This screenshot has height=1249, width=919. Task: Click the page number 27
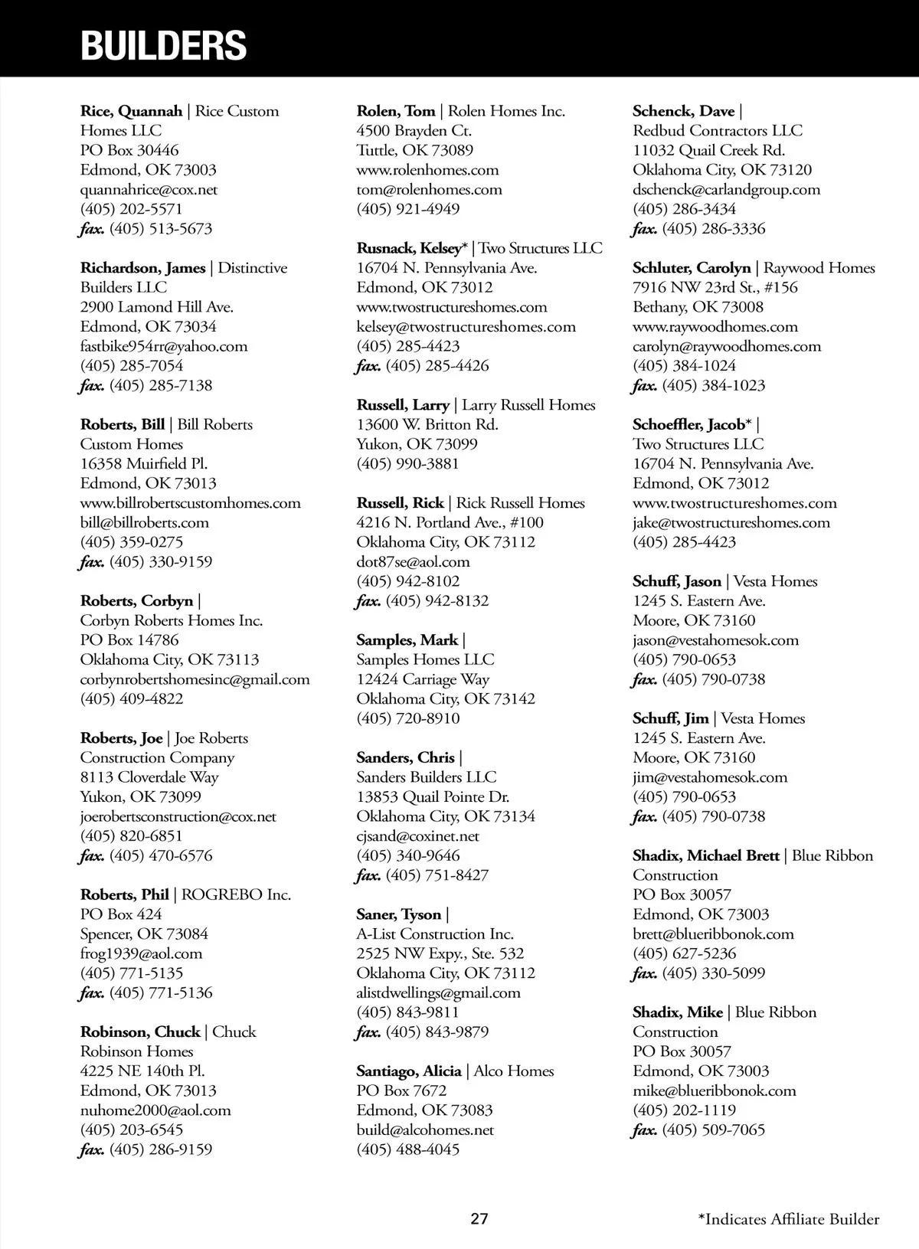pyautogui.click(x=479, y=1219)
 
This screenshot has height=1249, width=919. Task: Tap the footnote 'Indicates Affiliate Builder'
pyautogui.click(x=788, y=1219)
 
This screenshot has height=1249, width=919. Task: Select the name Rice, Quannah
pyautogui.click(x=131, y=111)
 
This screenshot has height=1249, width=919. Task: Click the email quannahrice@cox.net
pyautogui.click(x=149, y=189)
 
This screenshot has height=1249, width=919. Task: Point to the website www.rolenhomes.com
pyautogui.click(x=427, y=170)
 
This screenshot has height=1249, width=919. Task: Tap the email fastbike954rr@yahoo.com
pyautogui.click(x=164, y=346)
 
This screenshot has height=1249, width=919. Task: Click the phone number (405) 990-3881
pyautogui.click(x=407, y=463)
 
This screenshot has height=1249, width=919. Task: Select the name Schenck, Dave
pyautogui.click(x=683, y=111)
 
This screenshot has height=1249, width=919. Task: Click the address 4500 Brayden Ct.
pyautogui.click(x=414, y=131)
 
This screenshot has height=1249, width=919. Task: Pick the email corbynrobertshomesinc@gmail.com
pyautogui.click(x=195, y=679)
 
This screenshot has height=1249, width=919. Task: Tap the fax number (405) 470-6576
pyautogui.click(x=161, y=855)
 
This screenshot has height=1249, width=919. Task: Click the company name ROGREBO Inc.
pyautogui.click(x=236, y=894)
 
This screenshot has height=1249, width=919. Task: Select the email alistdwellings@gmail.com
pyautogui.click(x=438, y=992)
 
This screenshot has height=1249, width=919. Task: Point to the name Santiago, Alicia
pyautogui.click(x=408, y=1071)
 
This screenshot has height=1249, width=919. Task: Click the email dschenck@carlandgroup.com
pyautogui.click(x=726, y=189)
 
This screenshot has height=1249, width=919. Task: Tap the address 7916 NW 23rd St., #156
pyautogui.click(x=715, y=287)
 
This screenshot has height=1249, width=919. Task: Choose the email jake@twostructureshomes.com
pyautogui.click(x=731, y=522)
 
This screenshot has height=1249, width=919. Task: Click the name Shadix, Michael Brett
pyautogui.click(x=705, y=855)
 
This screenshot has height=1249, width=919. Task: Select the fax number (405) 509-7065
pyautogui.click(x=713, y=1130)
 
